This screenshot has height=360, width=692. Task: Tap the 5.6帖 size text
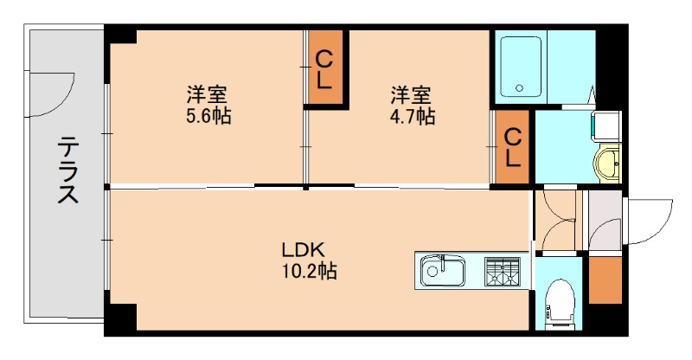pos(208,115)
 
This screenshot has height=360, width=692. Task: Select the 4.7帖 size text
pos(412,115)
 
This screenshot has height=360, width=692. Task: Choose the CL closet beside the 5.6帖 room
pos(324,70)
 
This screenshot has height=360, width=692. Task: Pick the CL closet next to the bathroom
pos(512,148)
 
